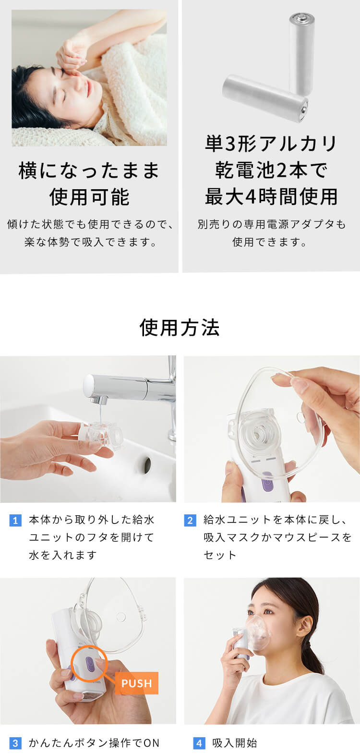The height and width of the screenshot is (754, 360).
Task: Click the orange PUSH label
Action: (136, 683)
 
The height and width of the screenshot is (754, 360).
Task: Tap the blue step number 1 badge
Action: (15, 520)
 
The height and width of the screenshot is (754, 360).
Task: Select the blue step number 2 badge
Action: (190, 520)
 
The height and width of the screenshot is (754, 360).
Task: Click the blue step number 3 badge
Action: (15, 743)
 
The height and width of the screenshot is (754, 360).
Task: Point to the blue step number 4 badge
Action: (199, 743)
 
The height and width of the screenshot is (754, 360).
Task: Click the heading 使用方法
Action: (180, 328)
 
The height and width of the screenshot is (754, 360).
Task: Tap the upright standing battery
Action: (301, 53)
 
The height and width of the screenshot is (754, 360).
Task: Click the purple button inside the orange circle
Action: (89, 665)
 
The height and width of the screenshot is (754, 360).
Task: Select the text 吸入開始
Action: (235, 743)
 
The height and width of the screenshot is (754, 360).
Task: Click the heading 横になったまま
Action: (89, 170)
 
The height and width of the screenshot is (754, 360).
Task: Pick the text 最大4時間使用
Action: (271, 196)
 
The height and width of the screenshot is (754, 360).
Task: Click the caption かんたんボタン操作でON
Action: (94, 743)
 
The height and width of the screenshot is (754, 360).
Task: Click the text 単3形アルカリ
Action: (271, 144)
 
